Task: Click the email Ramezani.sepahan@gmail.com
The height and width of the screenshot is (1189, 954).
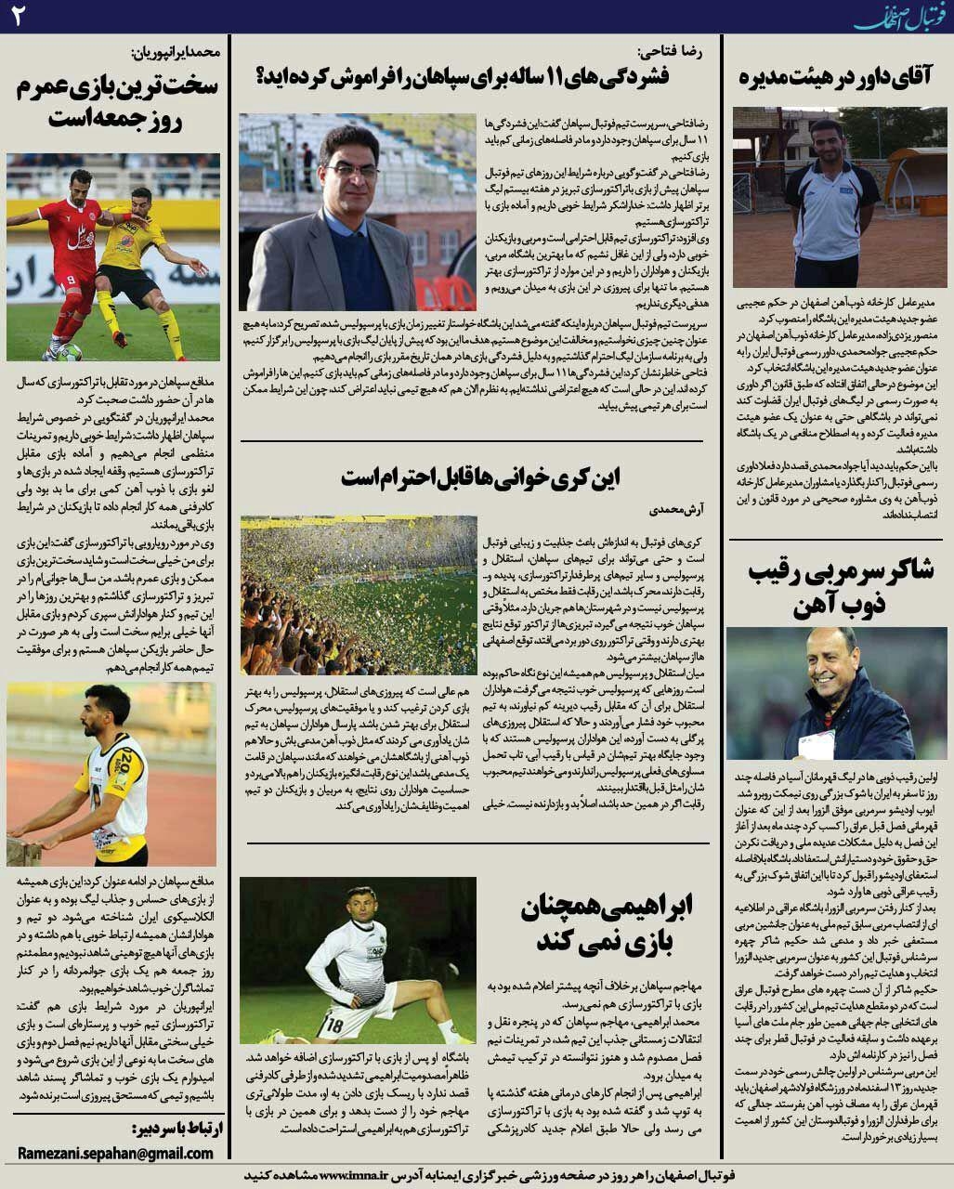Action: (115, 1153)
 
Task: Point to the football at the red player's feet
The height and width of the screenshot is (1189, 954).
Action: (69, 352)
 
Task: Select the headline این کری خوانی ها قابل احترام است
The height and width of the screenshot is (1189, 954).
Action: (479, 478)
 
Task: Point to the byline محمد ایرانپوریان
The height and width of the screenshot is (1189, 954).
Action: (175, 52)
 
